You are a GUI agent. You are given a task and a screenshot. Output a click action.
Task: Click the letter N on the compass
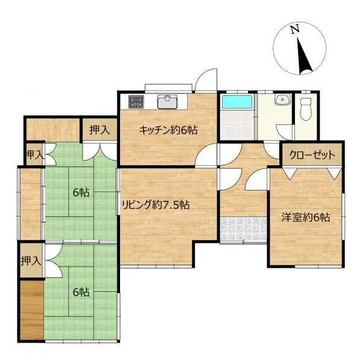295,29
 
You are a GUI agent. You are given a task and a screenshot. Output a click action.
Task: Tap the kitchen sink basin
167,101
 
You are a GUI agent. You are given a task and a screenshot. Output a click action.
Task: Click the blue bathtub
237,102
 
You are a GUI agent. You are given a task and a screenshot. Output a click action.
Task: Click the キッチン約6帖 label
168,130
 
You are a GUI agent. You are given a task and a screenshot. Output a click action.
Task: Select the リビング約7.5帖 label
156,204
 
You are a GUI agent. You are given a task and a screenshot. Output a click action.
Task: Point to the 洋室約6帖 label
305,217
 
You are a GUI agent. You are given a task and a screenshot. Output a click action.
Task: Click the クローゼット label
312,155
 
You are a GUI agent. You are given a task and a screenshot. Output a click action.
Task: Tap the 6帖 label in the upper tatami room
81,192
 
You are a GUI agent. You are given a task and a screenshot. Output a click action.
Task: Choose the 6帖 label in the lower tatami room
81,292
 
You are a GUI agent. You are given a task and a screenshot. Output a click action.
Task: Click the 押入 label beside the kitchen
100,130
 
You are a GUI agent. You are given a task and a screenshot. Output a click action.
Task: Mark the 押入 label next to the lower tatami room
31,261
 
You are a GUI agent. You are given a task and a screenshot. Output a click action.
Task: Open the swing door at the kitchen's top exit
206,80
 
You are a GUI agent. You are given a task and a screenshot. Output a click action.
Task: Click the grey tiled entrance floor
243,229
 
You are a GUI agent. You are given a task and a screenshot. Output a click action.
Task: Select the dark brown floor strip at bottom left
32,310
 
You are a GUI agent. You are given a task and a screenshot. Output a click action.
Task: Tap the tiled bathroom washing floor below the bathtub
237,125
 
